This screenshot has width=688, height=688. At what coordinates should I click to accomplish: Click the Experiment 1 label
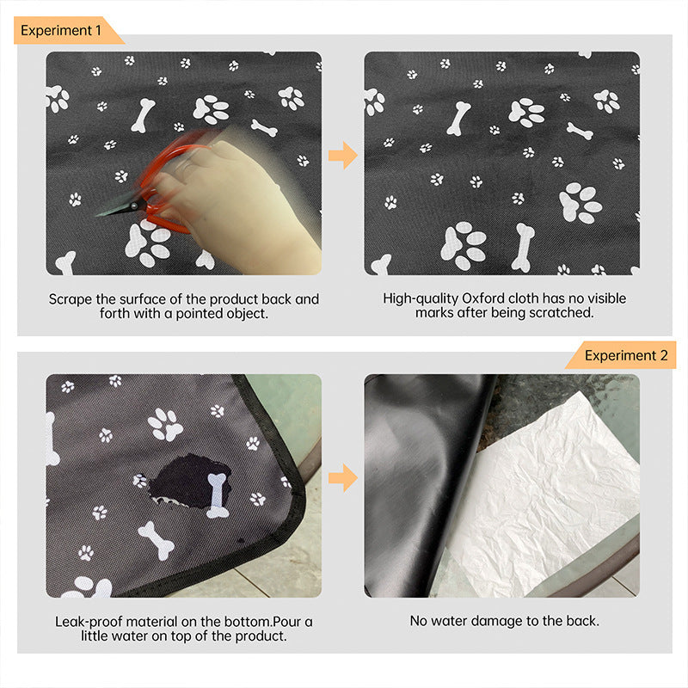pos(62,30)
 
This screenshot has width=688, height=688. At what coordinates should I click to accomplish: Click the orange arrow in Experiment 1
pos(342,156)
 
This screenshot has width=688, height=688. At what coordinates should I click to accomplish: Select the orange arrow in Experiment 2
pos(342,477)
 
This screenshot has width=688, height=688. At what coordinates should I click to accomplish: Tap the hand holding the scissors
pos(249,202)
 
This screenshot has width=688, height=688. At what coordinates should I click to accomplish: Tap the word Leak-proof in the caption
pos(90,621)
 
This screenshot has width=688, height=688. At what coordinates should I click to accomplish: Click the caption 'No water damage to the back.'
pos(504,620)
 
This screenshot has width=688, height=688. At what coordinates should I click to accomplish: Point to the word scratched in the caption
pos(564,313)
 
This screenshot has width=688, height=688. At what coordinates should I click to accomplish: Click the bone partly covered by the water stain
pos(216,494)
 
